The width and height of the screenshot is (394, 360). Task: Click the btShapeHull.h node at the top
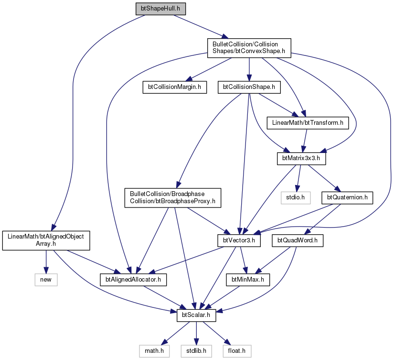pos(160,9)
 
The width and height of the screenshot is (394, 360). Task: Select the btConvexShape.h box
pos(249,48)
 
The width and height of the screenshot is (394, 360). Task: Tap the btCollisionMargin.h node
pos(175,87)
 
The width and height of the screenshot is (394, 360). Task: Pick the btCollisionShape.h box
pos(249,87)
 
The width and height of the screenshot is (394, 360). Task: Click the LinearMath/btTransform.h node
pos(308,123)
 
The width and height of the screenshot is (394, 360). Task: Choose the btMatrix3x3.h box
pos(301,159)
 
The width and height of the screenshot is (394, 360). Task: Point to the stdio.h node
pos(296,197)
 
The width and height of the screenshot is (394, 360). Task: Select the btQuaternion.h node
pos(347,197)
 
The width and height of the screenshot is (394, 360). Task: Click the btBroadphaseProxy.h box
pos(172,198)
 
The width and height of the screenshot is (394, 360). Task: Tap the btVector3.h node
pos(239,240)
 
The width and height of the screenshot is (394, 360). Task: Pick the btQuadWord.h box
pos(298,240)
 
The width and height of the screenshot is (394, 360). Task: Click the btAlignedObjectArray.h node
pos(46,240)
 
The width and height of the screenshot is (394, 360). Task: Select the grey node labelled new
pos(46,280)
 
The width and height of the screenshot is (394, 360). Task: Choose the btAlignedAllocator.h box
pos(133,280)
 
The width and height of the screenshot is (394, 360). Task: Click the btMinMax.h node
pos(248,280)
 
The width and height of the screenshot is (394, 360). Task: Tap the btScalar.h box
pos(196,315)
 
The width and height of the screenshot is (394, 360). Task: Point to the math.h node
pos(154,351)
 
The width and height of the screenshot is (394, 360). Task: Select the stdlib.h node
pos(196,351)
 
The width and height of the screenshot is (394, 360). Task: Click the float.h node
pos(237,351)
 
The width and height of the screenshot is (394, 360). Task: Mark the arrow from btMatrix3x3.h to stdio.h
pos(298,178)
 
